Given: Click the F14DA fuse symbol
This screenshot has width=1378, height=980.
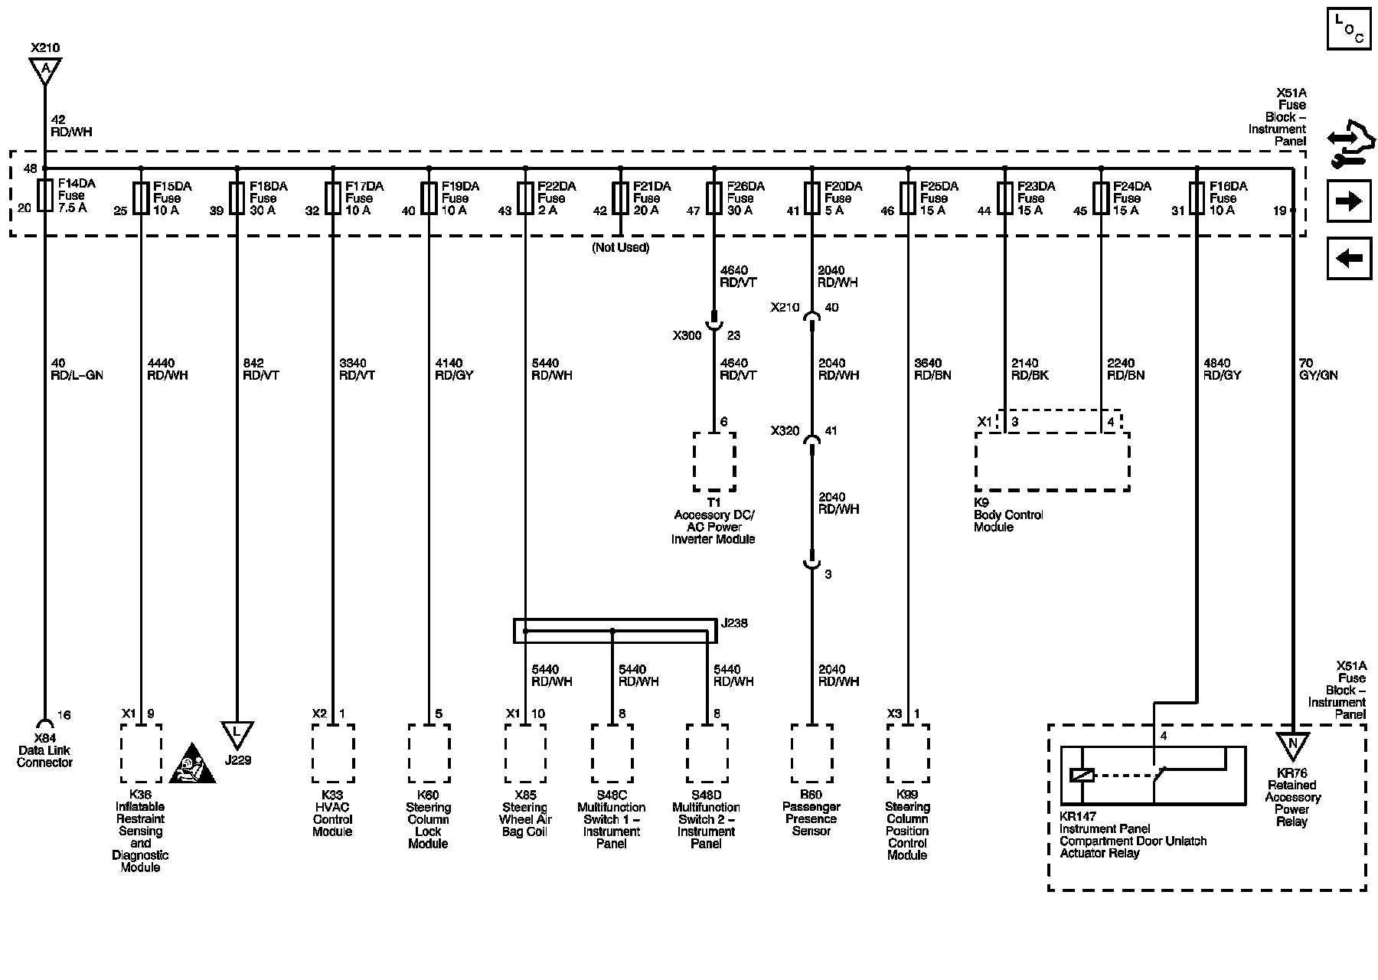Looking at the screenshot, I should point(44,197).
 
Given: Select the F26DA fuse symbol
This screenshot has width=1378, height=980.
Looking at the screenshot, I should point(714,198).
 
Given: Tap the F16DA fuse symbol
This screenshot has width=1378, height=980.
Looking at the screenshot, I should point(1197,198).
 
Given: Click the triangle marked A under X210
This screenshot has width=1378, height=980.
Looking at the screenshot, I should point(45,70).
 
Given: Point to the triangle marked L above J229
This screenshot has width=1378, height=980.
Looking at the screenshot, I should point(237,733).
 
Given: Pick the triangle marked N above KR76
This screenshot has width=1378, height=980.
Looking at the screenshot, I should point(1292,744).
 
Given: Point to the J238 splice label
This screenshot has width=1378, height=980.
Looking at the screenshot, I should point(734,623).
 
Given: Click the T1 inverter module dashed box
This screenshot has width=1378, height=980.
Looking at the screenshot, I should point(714,462).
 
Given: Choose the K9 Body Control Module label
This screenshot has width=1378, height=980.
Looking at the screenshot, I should point(1007,514).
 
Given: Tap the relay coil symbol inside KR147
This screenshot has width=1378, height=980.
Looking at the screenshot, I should point(1082,775).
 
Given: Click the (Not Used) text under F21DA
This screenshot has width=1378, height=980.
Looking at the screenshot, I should point(619,248).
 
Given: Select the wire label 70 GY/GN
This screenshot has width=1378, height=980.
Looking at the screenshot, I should point(1318,369).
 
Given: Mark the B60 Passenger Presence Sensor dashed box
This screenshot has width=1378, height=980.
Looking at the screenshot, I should point(811,753).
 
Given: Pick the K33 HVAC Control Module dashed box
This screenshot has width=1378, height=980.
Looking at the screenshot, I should point(332,753).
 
